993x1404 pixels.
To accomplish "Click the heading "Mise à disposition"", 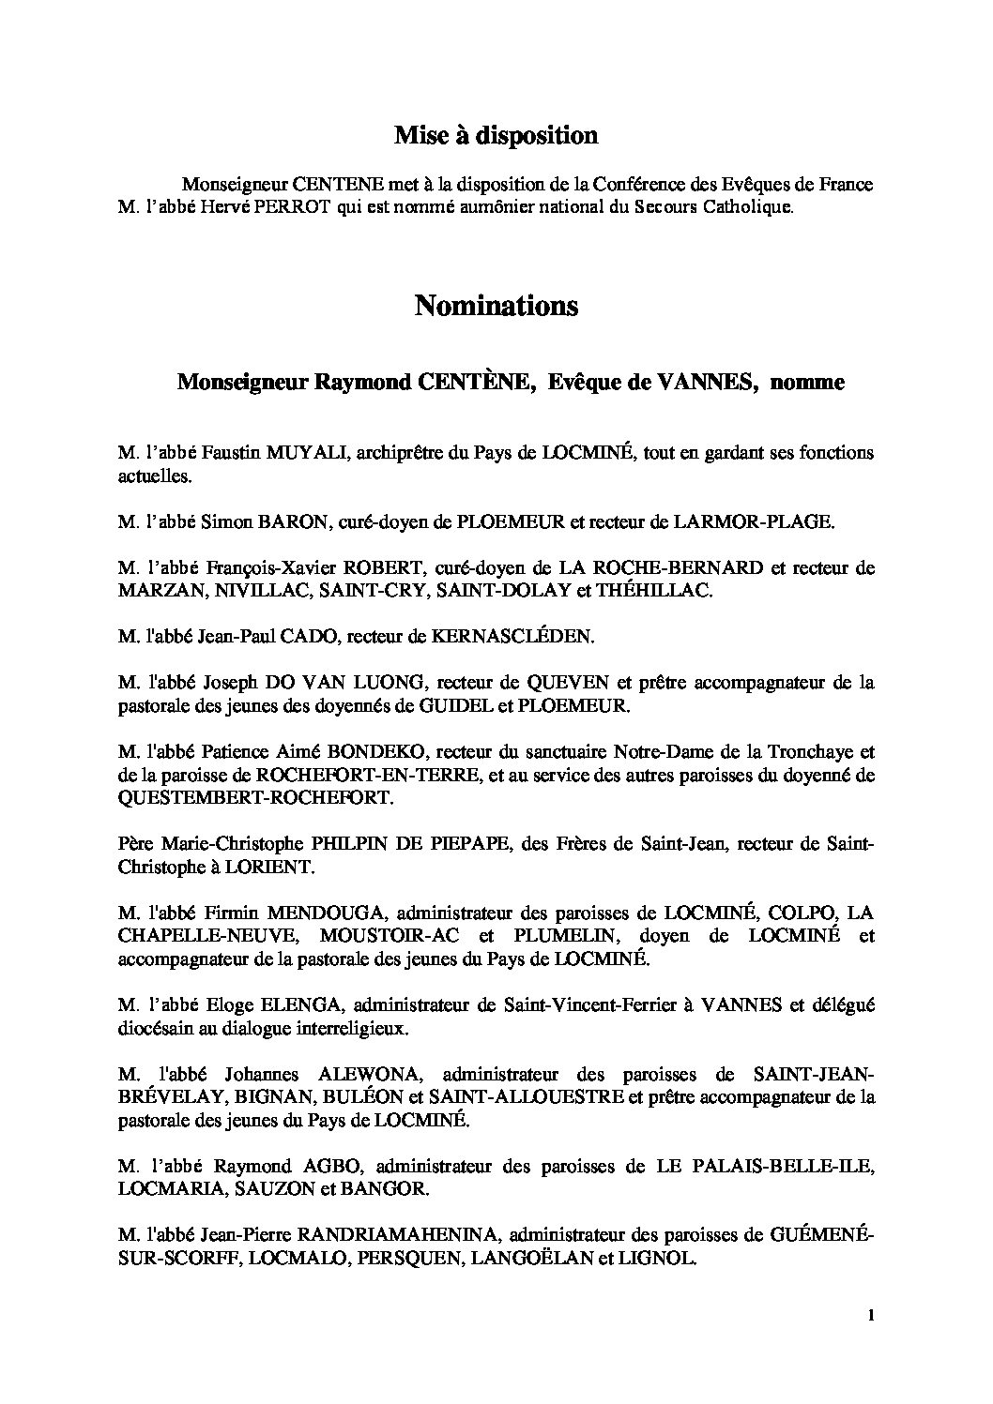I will pos(496,136).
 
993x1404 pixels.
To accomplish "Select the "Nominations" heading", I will pos(496,306).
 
